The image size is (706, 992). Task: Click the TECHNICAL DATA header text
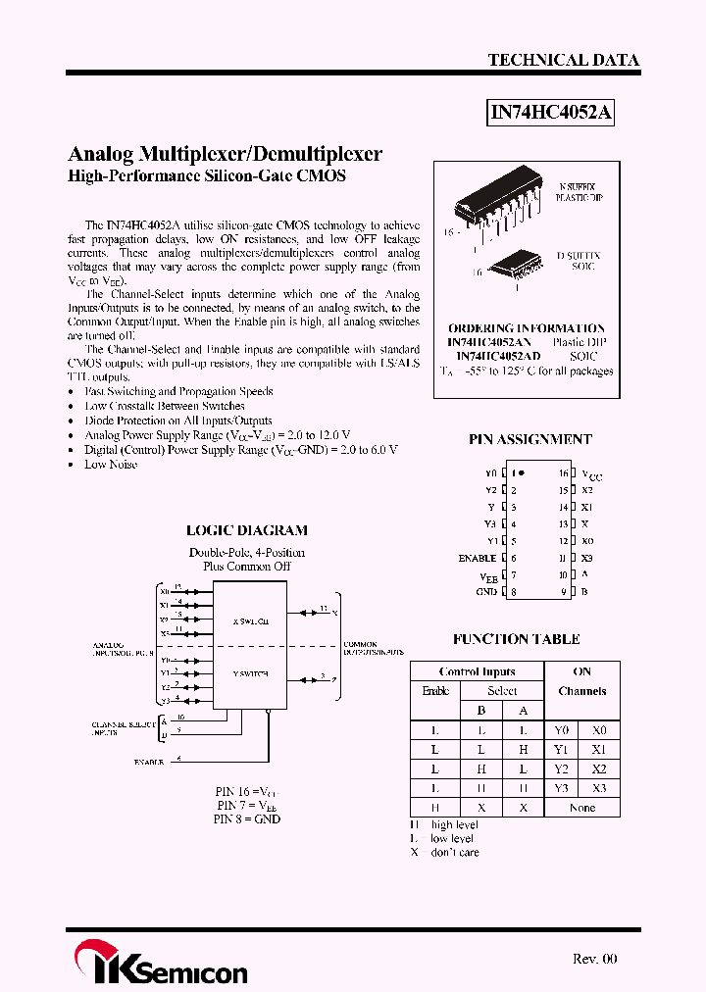pyautogui.click(x=563, y=60)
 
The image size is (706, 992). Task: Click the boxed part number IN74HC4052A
pyautogui.click(x=551, y=113)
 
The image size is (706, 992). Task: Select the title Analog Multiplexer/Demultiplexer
pyautogui.click(x=225, y=154)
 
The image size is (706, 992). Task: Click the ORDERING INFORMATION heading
pyautogui.click(x=527, y=328)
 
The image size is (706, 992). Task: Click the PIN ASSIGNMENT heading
pyautogui.click(x=529, y=440)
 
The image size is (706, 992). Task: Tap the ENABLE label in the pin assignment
pyautogui.click(x=478, y=558)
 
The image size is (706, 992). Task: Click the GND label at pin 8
pyautogui.click(x=486, y=592)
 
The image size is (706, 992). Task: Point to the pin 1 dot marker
pyautogui.click(x=522, y=472)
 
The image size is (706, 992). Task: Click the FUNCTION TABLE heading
pyautogui.click(x=516, y=639)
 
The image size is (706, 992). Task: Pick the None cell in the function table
pyautogui.click(x=581, y=808)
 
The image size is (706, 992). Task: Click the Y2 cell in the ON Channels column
pyautogui.click(x=562, y=769)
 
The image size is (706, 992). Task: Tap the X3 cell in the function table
pyautogui.click(x=599, y=788)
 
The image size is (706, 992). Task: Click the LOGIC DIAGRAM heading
pyautogui.click(x=246, y=530)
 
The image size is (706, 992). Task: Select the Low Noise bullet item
pyautogui.click(x=111, y=465)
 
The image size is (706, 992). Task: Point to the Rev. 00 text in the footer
pyautogui.click(x=594, y=959)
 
